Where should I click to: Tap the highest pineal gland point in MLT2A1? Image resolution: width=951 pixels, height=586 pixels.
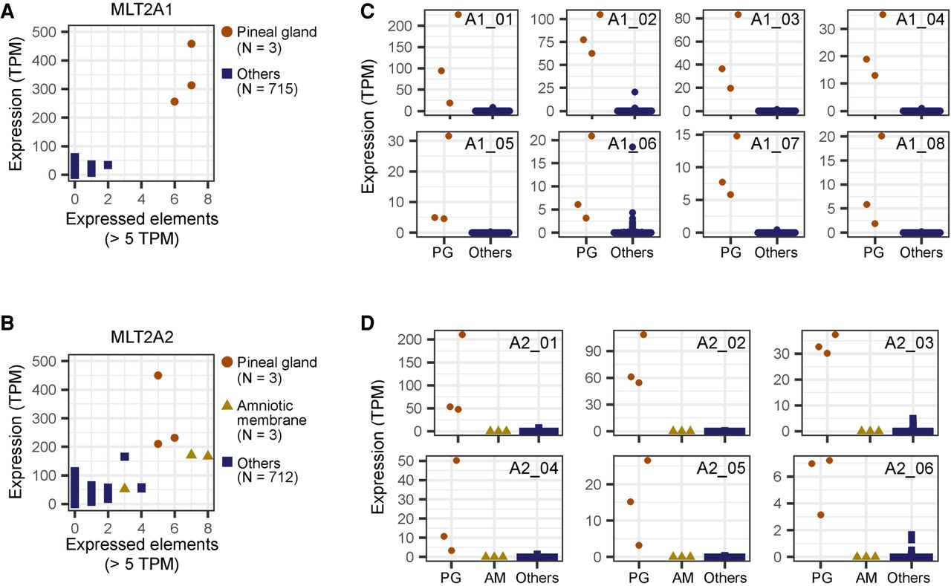pyautogui.click(x=191, y=44)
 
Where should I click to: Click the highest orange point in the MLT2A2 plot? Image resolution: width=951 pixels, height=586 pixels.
pyautogui.click(x=158, y=375)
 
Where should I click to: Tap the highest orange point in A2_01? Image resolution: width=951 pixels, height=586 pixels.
pyautogui.click(x=461, y=334)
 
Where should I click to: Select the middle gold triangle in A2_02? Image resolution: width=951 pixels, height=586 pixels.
pyautogui.click(x=681, y=430)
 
